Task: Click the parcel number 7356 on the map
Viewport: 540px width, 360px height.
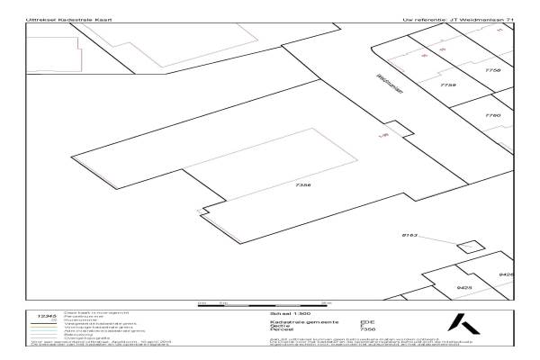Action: [302, 184]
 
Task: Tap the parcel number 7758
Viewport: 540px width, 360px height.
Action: [491, 69]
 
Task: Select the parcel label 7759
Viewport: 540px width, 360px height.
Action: [448, 85]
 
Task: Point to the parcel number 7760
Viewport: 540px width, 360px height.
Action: [491, 116]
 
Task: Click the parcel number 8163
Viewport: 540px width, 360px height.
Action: [411, 234]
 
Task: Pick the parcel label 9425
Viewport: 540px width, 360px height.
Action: [464, 288]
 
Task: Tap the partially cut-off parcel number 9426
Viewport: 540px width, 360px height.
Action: [506, 274]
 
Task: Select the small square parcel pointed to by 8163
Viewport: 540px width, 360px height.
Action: [468, 247]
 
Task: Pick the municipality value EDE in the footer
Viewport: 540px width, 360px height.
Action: [365, 321]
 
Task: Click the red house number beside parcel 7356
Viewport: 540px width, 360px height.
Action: [384, 135]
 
